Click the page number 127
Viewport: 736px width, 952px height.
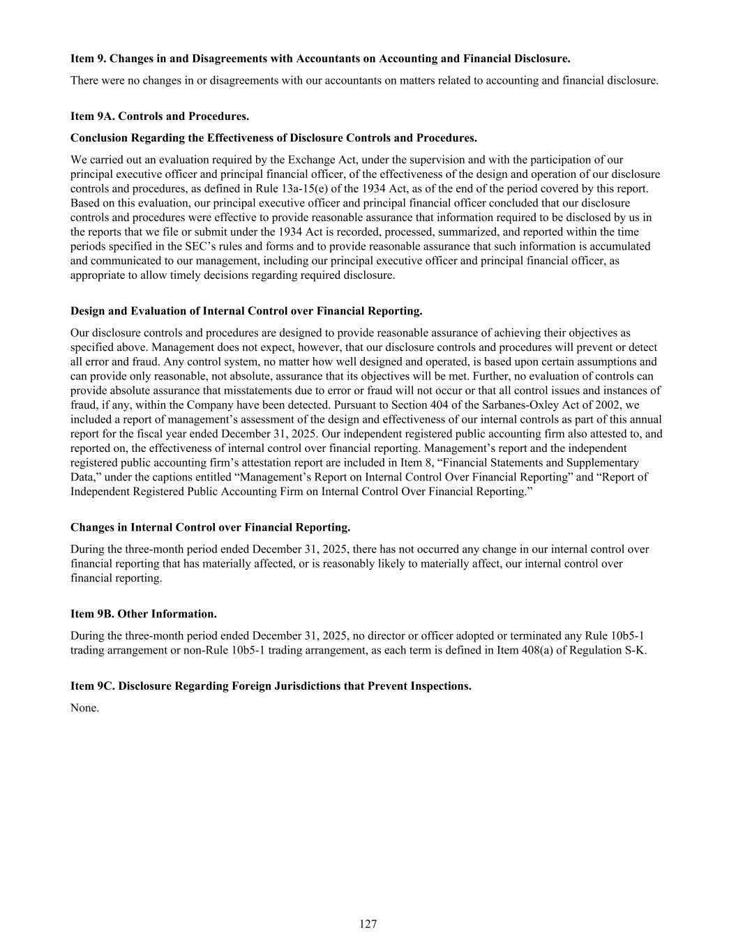pos(368,924)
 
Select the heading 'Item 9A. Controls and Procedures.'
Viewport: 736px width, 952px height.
pos(160,116)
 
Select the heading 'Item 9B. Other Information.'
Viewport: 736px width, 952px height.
pos(144,614)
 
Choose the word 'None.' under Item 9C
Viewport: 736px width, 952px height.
pos(84,708)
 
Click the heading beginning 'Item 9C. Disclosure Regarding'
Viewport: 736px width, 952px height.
pos(271,686)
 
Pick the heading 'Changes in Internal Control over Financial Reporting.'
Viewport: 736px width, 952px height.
pos(210,527)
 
